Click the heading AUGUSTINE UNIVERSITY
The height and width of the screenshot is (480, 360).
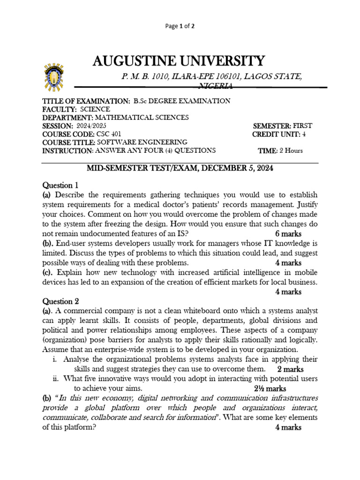pos(179,61)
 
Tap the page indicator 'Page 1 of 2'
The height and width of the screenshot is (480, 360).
pos(180,27)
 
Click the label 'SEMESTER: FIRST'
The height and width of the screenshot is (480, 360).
pos(282,126)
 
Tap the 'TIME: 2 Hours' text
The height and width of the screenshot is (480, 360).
pos(280,150)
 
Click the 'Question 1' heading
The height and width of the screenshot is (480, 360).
pos(58,185)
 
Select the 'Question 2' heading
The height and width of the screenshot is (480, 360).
pos(58,301)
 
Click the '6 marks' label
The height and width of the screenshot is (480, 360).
pos(288,233)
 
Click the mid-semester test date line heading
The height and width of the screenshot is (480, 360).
pos(180,167)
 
